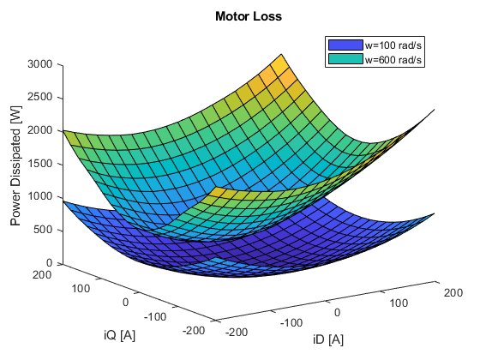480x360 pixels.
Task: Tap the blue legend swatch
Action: click(x=345, y=45)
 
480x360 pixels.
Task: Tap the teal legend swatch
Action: click(x=345, y=59)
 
